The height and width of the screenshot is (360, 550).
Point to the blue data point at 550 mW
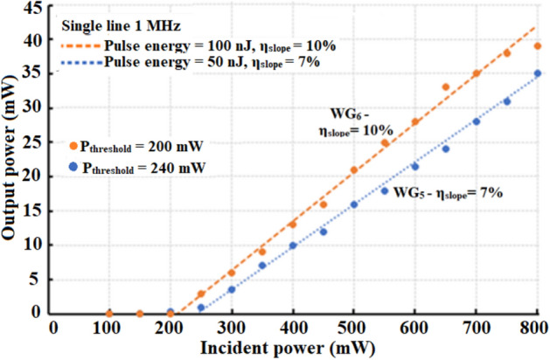coord(385,190)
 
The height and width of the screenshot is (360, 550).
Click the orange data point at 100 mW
coord(109,313)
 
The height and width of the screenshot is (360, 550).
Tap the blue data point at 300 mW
coord(232,289)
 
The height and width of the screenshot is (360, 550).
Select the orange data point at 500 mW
coord(354,170)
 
